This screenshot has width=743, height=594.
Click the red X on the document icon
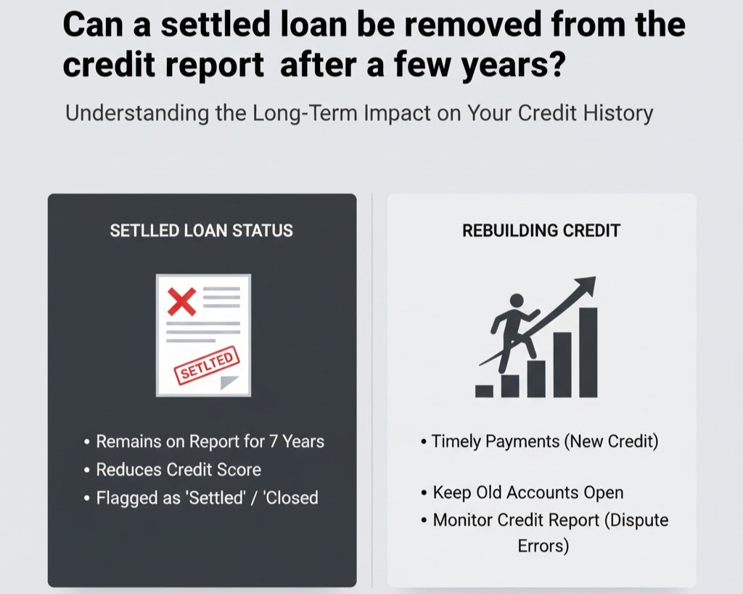[181, 301]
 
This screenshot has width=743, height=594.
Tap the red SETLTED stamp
[207, 366]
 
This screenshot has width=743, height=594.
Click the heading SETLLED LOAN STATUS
[201, 231]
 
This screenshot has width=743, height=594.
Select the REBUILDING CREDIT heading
[541, 231]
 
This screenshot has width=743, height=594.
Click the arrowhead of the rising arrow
[586, 284]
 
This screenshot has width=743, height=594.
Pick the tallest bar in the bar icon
[588, 352]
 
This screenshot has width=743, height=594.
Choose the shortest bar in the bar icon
[484, 390]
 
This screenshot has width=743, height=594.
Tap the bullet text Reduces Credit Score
[178, 469]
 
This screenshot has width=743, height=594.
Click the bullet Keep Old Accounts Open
[528, 492]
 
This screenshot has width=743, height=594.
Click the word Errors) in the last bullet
[543, 545]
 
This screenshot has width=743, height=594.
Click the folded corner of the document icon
[230, 382]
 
